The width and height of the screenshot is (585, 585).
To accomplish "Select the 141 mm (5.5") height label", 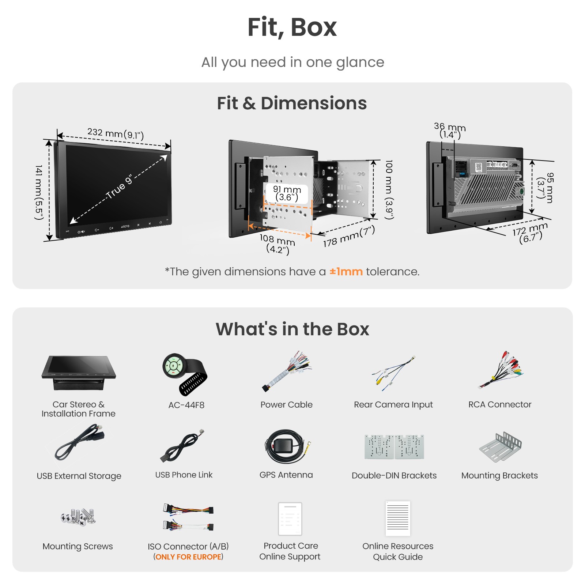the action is [x=39, y=192].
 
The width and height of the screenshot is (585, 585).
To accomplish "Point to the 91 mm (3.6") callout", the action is [x=287, y=193].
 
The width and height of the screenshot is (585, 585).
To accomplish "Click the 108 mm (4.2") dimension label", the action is [x=277, y=244].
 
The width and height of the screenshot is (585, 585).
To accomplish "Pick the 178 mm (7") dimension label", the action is [x=349, y=237].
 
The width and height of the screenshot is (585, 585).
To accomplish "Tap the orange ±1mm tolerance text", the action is [x=346, y=272].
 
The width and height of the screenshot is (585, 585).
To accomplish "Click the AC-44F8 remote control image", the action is [x=185, y=374].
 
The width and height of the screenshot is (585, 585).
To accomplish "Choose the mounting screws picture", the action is [x=78, y=517].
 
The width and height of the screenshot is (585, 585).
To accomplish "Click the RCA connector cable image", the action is [x=501, y=370].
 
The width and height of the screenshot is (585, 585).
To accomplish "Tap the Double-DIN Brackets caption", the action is [x=394, y=475].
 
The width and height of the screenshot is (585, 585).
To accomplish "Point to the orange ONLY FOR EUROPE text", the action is [x=188, y=557].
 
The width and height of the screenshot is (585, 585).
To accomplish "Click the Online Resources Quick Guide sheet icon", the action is [x=398, y=519].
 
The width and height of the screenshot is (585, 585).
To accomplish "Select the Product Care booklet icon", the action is [x=290, y=519].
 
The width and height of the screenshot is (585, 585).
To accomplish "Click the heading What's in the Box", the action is [x=292, y=329].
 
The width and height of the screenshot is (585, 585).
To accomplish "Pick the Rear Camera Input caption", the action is [x=393, y=404].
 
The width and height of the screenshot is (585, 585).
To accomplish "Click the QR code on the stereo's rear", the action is [x=479, y=167].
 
